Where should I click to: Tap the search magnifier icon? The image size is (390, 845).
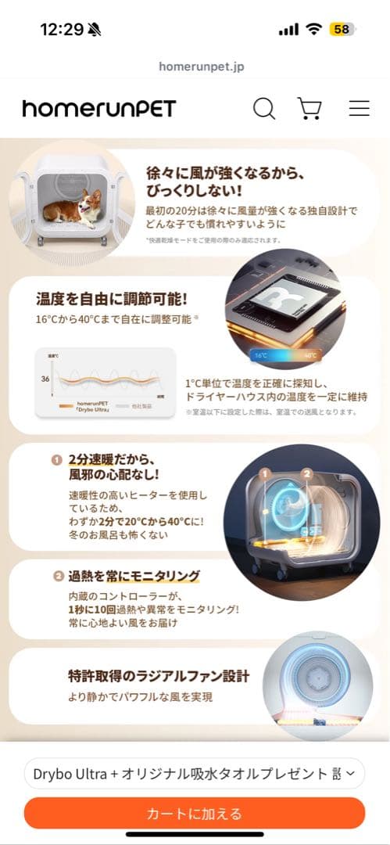(x=264, y=108)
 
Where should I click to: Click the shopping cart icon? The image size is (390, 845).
(x=310, y=108)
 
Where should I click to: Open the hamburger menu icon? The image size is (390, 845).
(x=359, y=108)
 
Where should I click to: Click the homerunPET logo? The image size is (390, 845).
(x=99, y=109)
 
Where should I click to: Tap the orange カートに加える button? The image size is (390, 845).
(x=195, y=814)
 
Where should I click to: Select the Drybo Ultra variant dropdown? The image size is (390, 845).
(x=195, y=774)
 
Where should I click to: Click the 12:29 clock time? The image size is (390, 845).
(x=62, y=30)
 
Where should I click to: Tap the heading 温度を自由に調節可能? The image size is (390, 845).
(x=112, y=299)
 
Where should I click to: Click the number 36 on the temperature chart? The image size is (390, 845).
(x=46, y=379)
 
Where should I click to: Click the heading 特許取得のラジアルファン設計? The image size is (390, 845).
(x=159, y=675)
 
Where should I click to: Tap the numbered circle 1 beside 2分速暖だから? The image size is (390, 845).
(x=57, y=459)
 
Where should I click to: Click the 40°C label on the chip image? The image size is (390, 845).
(x=310, y=355)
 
